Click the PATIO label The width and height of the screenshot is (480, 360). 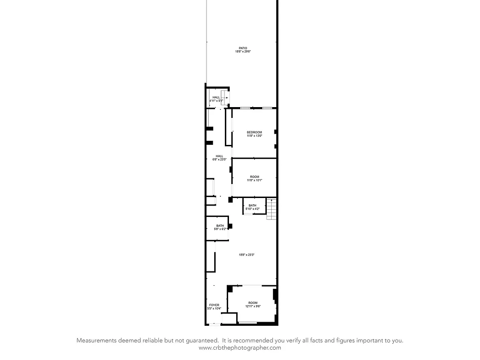(243, 48)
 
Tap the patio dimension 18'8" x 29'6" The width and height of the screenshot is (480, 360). (243, 52)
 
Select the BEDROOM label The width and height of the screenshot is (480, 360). (254, 132)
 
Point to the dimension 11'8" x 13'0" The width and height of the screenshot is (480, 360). (254, 136)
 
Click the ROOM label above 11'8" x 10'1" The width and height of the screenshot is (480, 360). (255, 177)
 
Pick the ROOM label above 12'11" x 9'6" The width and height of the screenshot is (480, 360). (253, 303)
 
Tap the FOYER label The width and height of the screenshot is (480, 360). (214, 305)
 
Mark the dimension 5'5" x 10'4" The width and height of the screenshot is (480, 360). (214, 309)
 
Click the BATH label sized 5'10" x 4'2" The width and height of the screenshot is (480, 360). (252, 206)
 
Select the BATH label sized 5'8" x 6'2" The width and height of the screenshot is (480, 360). (220, 226)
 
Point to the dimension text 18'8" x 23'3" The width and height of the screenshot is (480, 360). (247, 255)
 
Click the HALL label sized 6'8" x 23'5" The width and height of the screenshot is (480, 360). (219, 156)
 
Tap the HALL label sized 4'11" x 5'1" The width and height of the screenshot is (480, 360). (216, 97)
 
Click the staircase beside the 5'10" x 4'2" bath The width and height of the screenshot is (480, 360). (271, 209)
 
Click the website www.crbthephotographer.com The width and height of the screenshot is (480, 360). (240, 347)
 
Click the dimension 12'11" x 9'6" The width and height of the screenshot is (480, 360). (253, 306)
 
